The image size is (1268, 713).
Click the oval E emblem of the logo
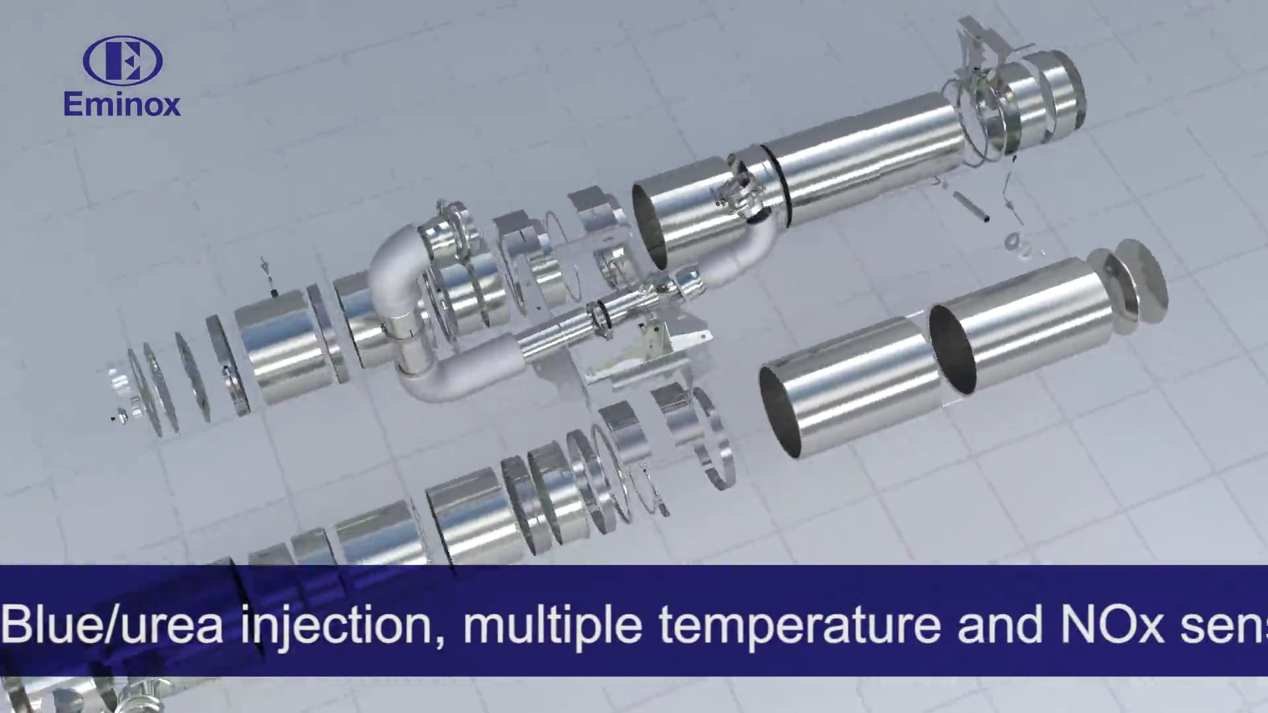[123, 61]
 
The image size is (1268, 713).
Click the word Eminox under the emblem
[122, 104]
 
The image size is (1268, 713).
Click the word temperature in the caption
[799, 625]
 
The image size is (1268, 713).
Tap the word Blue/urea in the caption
[112, 625]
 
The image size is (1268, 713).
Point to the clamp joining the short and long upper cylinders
[740, 191]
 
